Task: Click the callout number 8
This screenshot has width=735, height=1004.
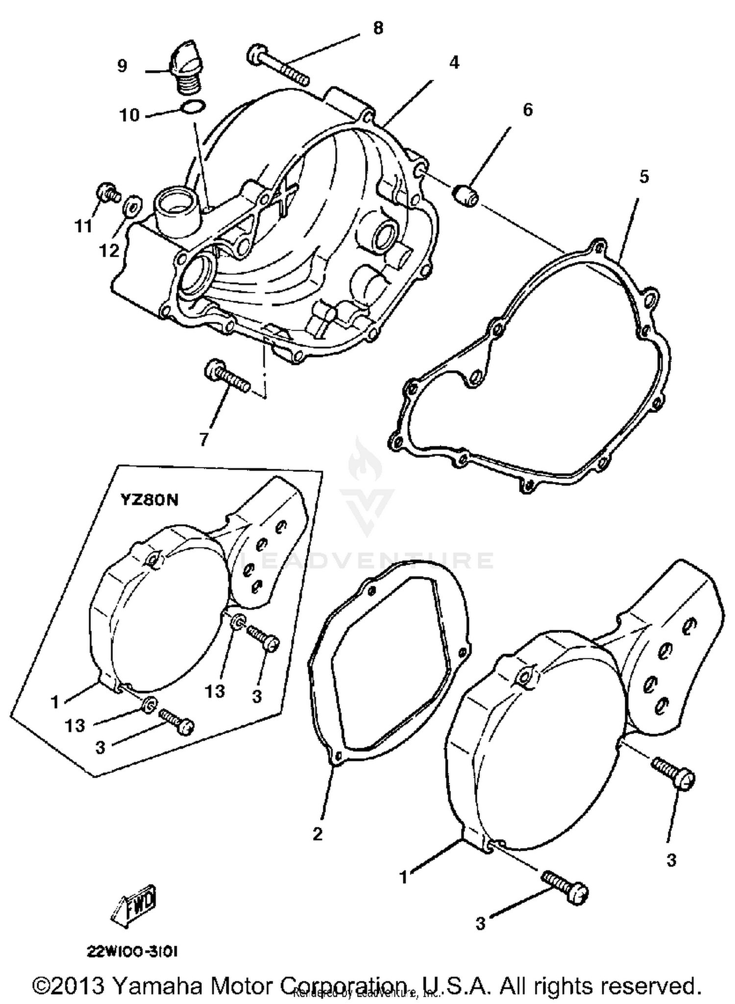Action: tap(378, 28)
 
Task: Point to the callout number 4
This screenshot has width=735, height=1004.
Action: tap(454, 63)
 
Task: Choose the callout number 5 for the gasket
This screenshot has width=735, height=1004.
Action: tap(644, 177)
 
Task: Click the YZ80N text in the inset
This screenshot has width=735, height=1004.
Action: tap(149, 500)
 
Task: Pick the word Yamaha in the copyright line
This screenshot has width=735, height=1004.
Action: tap(158, 985)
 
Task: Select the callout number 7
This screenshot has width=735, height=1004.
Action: tap(204, 439)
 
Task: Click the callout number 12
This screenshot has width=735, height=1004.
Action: tap(109, 251)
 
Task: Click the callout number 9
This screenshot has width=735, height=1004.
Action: tap(122, 65)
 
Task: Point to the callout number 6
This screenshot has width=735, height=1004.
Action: tap(527, 110)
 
